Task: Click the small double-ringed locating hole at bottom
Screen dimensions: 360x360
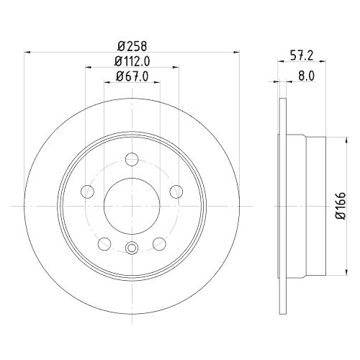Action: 131,248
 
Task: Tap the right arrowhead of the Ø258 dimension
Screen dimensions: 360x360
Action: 234,52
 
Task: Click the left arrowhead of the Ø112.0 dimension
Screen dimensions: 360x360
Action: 89,67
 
